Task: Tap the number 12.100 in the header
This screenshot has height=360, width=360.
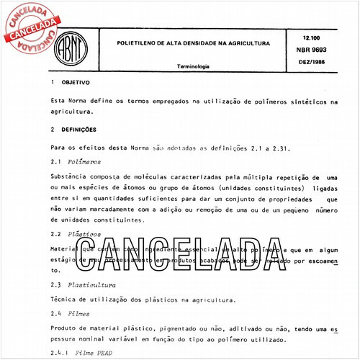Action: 312,36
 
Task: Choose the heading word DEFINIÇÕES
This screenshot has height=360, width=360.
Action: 79,130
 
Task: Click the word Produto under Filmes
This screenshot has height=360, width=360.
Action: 65,328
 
